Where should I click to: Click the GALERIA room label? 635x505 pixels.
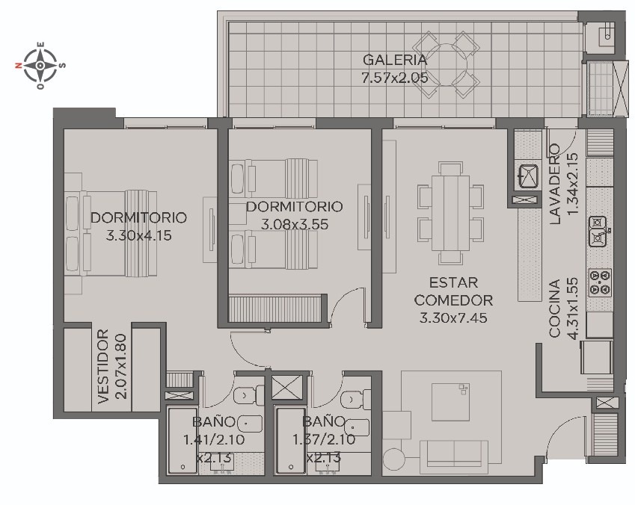395,60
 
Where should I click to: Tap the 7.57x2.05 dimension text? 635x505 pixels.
395,78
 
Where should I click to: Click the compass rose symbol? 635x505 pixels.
40,65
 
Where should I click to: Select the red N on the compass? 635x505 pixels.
19,65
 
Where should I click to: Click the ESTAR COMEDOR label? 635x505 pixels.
453,291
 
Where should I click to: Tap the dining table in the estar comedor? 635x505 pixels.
451,213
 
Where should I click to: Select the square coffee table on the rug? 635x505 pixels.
451,402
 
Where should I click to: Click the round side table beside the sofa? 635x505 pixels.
394,459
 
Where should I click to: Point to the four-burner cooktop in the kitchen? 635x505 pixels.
599,282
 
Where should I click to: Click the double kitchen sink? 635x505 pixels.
598,232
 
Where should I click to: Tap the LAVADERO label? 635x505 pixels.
555,184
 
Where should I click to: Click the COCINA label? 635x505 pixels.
554,309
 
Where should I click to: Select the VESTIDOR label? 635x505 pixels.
103,366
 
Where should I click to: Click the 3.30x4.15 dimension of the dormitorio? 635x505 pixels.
138,235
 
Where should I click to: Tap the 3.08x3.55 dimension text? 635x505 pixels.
295,224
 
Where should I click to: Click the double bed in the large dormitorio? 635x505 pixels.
111,234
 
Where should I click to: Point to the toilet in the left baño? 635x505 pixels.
248,394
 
